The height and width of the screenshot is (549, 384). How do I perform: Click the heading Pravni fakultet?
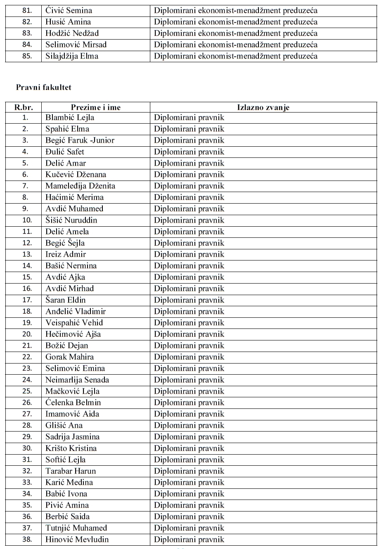click(x=43, y=87)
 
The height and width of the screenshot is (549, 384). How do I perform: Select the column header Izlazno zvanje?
click(x=263, y=107)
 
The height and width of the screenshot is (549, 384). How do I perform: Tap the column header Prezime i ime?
click(x=95, y=107)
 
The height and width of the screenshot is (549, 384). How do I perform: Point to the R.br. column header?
click(x=24, y=107)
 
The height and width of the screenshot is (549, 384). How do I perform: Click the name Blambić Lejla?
click(x=70, y=117)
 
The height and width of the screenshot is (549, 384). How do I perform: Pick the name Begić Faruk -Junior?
click(x=80, y=140)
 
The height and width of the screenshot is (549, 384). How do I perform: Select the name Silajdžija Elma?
click(x=72, y=56)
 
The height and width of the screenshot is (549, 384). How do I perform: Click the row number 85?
click(x=27, y=56)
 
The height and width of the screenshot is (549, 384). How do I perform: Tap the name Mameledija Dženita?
click(x=80, y=186)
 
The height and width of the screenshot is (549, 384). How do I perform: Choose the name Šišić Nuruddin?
click(x=71, y=220)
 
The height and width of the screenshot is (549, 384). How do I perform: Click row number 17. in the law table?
click(x=27, y=300)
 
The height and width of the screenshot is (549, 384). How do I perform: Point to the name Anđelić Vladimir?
click(x=76, y=312)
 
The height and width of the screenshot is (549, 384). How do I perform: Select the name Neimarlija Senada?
click(x=77, y=380)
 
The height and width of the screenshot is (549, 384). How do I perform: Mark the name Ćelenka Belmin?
click(x=73, y=403)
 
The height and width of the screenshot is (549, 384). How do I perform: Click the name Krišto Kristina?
click(x=71, y=448)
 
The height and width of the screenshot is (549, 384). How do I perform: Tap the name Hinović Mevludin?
click(x=77, y=540)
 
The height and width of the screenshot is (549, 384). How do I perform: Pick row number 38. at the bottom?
click(x=27, y=540)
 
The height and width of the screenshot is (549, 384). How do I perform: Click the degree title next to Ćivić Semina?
click(x=236, y=10)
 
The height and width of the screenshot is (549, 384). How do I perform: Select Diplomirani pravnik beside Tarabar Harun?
click(x=189, y=471)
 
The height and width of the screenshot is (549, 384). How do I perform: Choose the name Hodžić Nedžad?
click(x=72, y=33)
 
